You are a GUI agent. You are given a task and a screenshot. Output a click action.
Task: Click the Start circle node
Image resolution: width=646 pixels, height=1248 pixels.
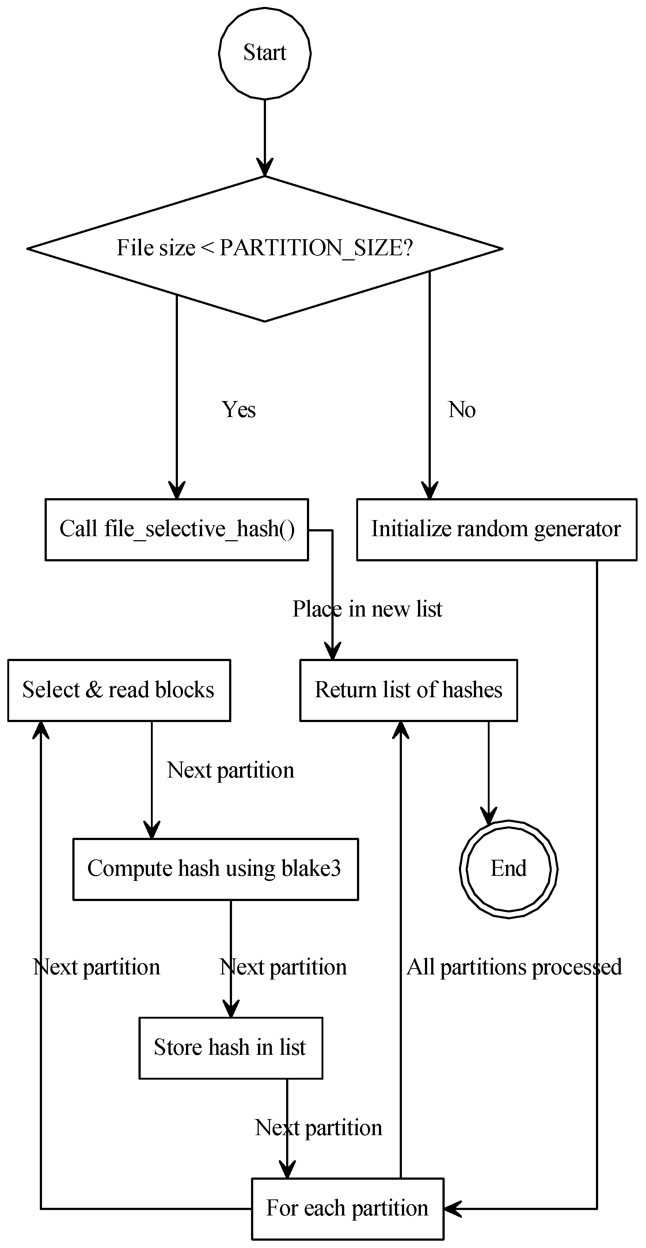[x=265, y=53]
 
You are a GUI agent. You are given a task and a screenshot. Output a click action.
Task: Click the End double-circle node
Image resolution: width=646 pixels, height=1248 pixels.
[x=508, y=869]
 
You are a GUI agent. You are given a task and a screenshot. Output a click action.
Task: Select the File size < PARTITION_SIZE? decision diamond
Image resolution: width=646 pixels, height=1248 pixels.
[x=265, y=248]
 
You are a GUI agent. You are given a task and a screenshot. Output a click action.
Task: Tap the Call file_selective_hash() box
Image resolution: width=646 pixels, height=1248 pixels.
[x=177, y=530]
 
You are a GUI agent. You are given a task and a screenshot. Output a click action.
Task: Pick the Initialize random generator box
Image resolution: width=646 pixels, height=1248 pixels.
[x=496, y=530]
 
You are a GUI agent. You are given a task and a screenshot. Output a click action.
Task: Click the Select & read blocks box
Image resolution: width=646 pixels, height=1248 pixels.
[x=119, y=690]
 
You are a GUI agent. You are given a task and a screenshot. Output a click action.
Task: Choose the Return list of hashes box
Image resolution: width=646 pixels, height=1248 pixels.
[x=408, y=690]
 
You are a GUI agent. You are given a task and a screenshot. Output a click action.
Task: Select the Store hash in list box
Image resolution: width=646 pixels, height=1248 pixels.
[x=231, y=1047]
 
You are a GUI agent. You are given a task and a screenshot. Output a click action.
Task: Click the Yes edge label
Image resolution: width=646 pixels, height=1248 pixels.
[x=239, y=410]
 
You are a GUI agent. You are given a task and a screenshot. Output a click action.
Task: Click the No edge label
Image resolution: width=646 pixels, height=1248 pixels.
[x=461, y=410]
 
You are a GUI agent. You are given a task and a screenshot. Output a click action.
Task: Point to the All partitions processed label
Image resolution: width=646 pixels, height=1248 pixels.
[x=514, y=967]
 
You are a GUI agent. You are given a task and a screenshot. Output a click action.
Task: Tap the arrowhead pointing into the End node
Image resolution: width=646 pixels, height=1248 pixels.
[x=489, y=815]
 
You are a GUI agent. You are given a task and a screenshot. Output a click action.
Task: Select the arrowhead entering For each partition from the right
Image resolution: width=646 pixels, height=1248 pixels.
[x=452, y=1209]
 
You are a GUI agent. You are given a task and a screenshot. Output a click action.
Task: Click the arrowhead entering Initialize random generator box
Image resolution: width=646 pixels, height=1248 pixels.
[x=429, y=491]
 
